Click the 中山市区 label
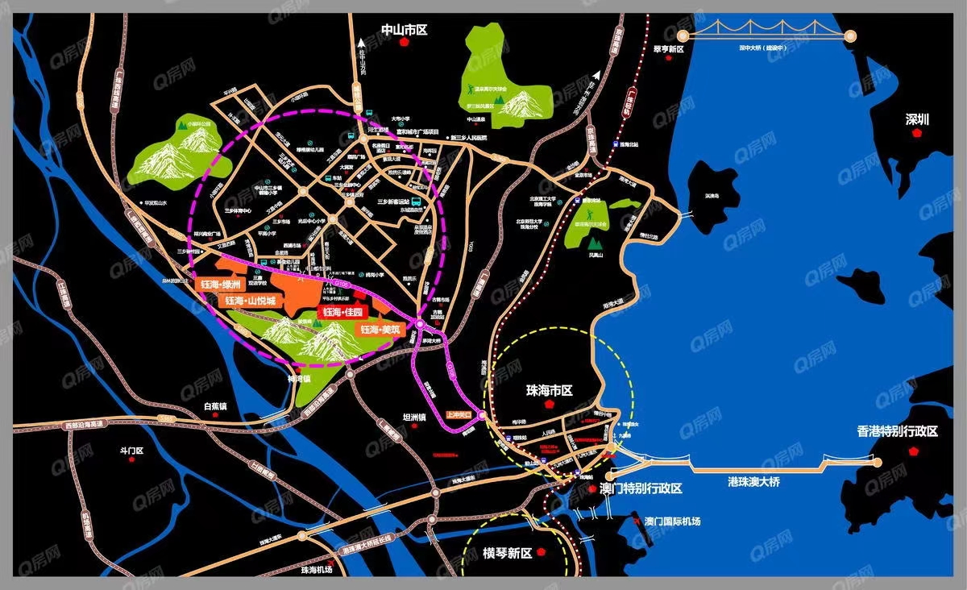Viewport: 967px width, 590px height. pyautogui.click(x=404, y=31)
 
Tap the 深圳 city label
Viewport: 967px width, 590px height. pyautogui.click(x=917, y=119)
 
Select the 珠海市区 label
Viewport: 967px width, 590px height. pyautogui.click(x=549, y=390)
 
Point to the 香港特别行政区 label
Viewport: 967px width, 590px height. pyautogui.click(x=897, y=431)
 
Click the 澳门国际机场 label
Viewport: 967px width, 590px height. pyautogui.click(x=672, y=521)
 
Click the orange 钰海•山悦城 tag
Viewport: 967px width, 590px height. pyautogui.click(x=250, y=301)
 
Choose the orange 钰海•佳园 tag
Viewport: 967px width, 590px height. pyautogui.click(x=345, y=312)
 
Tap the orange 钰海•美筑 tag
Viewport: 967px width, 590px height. pyautogui.click(x=380, y=330)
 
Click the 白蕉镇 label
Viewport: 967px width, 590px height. pyautogui.click(x=217, y=406)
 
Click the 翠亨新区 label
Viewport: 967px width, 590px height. pyautogui.click(x=668, y=49)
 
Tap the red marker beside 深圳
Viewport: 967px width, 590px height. pyautogui.click(x=916, y=134)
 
